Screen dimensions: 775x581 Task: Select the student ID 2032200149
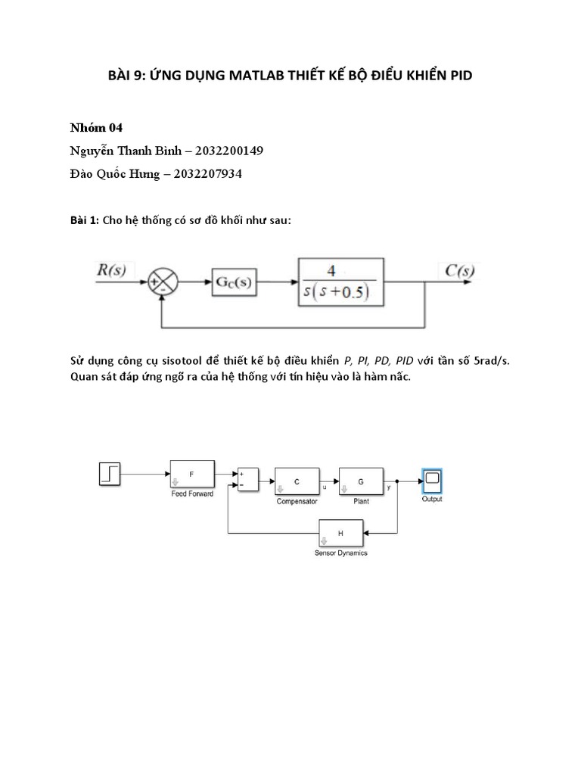click(x=227, y=151)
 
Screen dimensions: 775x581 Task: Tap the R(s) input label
click(x=113, y=269)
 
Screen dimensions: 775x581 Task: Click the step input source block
click(x=110, y=475)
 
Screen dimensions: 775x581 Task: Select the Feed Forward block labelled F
click(x=191, y=475)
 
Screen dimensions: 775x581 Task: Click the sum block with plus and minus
click(x=248, y=480)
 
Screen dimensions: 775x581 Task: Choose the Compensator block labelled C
click(x=297, y=481)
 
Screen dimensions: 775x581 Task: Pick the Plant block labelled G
click(x=361, y=481)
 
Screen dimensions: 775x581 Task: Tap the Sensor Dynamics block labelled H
click(x=340, y=534)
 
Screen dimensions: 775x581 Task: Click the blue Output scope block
click(x=432, y=481)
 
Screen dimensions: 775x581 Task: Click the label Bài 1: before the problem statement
click(x=80, y=219)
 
